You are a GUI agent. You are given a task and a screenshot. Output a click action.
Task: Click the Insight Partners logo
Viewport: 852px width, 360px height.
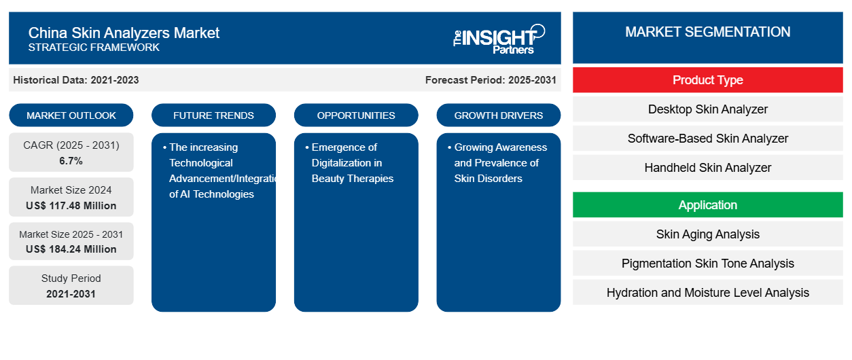click(499, 39)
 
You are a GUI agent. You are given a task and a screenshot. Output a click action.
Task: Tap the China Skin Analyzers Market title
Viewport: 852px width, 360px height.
click(124, 33)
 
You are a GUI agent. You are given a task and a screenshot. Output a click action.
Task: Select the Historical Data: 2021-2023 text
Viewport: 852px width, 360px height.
click(76, 80)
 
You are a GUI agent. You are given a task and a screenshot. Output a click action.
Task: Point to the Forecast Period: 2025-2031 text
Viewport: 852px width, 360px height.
click(491, 80)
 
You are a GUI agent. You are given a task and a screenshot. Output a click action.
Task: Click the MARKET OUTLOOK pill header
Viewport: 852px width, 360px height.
click(71, 115)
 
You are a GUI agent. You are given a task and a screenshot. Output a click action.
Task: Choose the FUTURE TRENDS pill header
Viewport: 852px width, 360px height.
click(213, 115)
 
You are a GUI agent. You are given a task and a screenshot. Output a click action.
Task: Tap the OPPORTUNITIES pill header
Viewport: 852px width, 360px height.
click(356, 115)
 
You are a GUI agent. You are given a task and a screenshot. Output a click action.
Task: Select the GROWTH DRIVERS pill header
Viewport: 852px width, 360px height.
click(499, 115)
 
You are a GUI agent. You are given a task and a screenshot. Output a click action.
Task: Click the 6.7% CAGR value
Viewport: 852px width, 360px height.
click(71, 161)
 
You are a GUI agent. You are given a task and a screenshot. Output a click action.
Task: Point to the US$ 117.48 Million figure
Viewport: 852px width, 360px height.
click(71, 206)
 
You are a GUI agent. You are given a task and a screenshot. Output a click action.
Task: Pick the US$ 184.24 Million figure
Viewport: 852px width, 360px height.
click(71, 249)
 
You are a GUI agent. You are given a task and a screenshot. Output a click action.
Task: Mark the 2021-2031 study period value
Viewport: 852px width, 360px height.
click(71, 294)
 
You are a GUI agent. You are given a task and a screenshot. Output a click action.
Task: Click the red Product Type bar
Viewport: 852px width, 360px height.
click(708, 80)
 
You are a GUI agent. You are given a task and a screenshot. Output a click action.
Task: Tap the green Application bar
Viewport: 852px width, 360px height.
click(708, 205)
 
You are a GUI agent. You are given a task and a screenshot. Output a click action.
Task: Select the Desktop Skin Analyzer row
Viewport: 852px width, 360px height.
click(708, 109)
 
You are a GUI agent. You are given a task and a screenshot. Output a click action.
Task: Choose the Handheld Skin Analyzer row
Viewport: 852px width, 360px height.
click(708, 167)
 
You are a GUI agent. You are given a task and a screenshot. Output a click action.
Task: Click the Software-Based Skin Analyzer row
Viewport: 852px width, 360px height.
click(708, 139)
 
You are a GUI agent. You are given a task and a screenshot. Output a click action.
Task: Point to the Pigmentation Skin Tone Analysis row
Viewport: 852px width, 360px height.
click(708, 263)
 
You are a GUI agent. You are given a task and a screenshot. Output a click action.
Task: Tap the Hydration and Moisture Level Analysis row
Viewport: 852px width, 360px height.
click(708, 292)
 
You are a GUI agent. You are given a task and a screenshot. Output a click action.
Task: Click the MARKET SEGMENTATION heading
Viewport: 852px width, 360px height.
click(708, 32)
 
